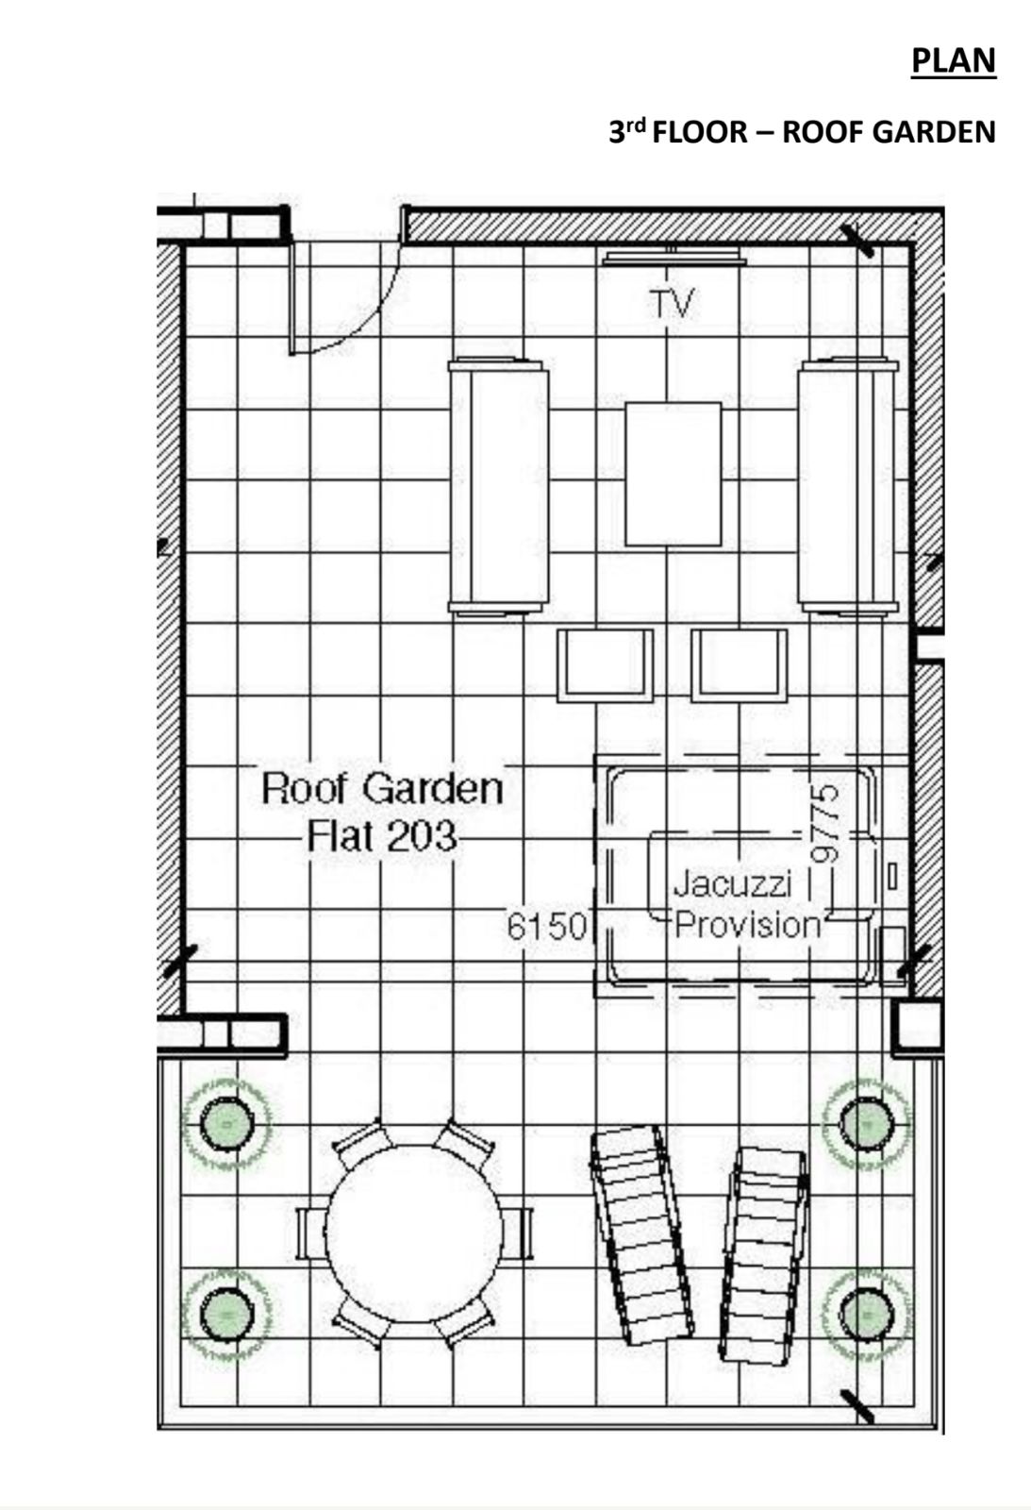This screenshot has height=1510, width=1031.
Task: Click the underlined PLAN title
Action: pos(954,61)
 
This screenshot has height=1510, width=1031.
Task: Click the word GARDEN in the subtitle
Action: pos(933,132)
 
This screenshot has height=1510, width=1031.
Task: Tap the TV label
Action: pos(672,303)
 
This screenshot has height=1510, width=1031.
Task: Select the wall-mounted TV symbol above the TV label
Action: pos(673,257)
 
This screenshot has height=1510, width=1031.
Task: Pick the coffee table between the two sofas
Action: pos(673,474)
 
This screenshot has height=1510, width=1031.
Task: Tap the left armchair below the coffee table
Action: pos(606,665)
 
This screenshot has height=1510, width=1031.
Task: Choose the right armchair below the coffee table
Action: pos(740,665)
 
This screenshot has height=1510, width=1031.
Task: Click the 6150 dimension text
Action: pos(546,926)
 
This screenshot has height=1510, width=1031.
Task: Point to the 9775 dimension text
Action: pos(825,824)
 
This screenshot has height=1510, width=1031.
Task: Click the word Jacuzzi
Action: pos(733,883)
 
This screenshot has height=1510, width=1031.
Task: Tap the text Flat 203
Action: pos(382,836)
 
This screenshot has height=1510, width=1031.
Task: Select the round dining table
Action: pos(414,1235)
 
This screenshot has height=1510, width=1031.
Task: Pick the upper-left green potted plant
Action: pos(227,1124)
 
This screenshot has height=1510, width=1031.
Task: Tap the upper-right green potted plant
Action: pos(867,1124)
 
